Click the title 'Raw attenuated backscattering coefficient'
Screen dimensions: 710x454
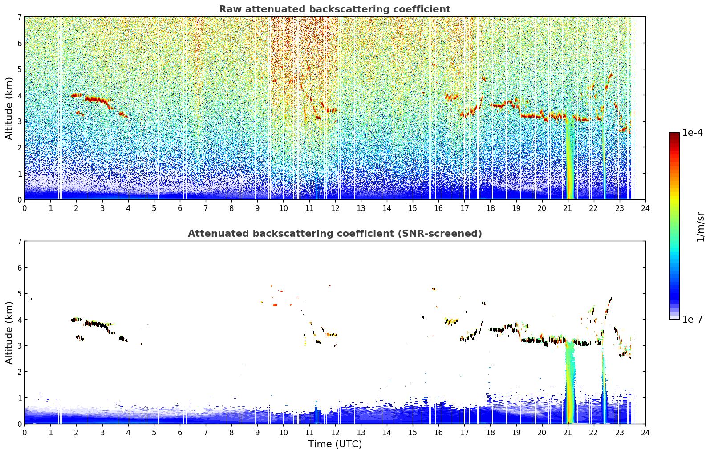click(x=335, y=9)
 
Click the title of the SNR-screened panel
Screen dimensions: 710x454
click(x=335, y=233)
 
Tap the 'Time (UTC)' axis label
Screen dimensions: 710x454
click(x=335, y=444)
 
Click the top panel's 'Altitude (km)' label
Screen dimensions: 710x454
click(x=9, y=109)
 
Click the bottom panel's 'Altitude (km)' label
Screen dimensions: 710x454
click(x=9, y=332)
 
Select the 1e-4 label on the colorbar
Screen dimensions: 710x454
click(x=692, y=132)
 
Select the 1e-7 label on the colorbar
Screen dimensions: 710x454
click(x=692, y=319)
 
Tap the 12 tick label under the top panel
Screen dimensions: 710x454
click(x=335, y=208)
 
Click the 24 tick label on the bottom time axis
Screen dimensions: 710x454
click(x=645, y=433)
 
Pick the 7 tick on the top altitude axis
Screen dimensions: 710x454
click(x=20, y=17)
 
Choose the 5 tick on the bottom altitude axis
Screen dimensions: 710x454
click(x=20, y=294)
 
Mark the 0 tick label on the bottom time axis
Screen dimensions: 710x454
click(x=25, y=433)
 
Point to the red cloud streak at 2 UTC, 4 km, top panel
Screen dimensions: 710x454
click(x=77, y=95)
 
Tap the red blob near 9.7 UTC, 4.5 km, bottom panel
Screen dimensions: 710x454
click(x=275, y=305)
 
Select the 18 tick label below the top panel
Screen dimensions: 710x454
click(x=491, y=208)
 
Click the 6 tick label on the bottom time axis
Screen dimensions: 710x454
click(x=180, y=433)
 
